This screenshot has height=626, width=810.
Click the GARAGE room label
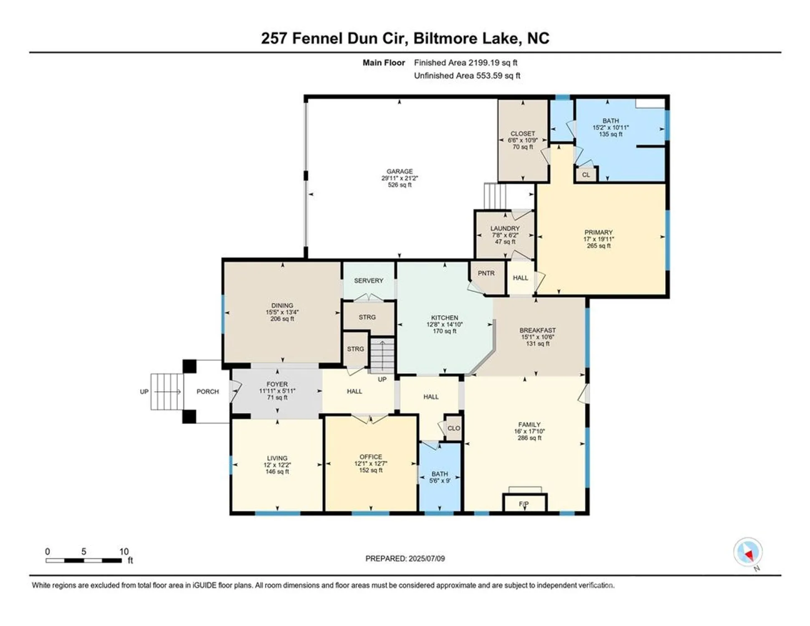coord(399,171)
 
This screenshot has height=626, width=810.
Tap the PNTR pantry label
coord(486,273)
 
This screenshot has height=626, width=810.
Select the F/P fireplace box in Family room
coord(524,504)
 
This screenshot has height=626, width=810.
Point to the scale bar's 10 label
coord(124,551)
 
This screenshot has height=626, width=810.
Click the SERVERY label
coord(368,280)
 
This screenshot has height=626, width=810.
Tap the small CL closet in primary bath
coord(586,174)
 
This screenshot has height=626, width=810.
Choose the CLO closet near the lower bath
coord(453,428)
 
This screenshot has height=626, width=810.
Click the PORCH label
coord(208,391)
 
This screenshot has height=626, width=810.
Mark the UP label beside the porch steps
coord(144,391)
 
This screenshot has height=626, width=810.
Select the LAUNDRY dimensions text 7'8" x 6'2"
coord(505,235)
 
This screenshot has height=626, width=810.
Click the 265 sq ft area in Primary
coord(598,246)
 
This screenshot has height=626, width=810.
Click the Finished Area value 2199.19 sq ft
coord(493,63)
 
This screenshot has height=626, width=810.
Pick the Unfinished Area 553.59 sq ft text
coord(467,76)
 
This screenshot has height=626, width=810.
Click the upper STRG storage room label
coord(367,317)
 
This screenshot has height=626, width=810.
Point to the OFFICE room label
coord(370,457)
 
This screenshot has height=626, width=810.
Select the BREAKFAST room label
coord(537,330)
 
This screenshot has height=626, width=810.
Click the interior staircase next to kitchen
coord(382,356)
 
